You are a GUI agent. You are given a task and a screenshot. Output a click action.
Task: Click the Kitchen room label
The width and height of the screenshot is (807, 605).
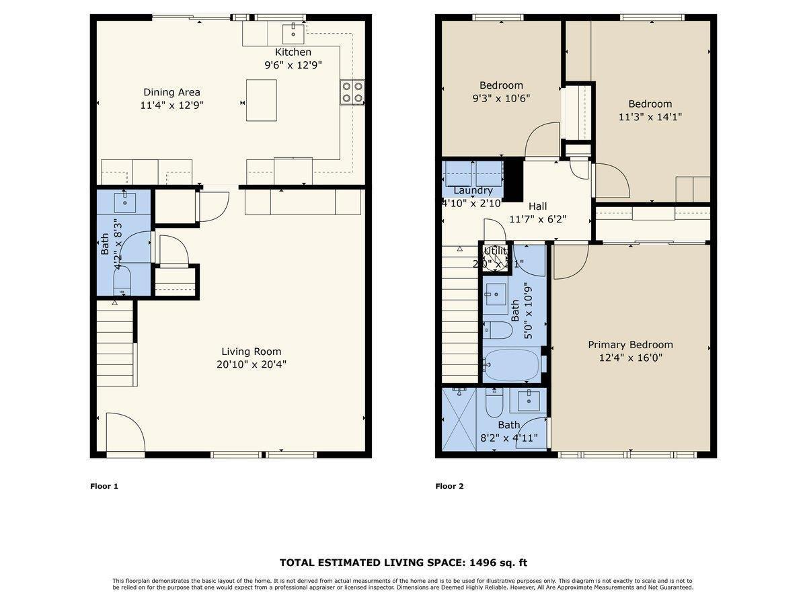tap(293, 52)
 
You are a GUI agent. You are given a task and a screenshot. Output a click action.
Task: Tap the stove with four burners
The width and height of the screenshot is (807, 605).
tap(352, 92)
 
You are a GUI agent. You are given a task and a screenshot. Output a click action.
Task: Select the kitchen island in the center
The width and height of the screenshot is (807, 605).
tap(261, 100)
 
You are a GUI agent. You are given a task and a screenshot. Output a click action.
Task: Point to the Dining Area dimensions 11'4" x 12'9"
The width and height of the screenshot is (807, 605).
tap(172, 105)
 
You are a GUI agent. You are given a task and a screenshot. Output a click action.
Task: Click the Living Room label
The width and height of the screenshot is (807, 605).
tap(252, 352)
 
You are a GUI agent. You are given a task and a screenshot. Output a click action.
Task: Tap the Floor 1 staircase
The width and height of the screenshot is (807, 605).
tap(115, 344)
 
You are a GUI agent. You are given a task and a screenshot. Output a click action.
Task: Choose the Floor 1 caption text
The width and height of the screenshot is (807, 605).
tap(104, 486)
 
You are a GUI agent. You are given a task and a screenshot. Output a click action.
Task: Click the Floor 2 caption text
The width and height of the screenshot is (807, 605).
tap(449, 486)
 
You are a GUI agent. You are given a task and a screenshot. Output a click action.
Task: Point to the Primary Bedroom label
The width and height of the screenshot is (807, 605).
tap(630, 345)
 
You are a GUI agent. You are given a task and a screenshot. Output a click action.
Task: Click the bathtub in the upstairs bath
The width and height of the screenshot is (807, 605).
tap(512, 364)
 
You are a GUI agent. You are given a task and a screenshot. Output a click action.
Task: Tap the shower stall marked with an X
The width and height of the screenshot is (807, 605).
tap(459, 419)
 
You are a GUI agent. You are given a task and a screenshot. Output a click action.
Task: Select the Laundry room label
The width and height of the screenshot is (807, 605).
tap(473, 191)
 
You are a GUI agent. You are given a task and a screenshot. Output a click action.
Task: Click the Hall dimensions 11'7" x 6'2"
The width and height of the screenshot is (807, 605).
tap(537, 219)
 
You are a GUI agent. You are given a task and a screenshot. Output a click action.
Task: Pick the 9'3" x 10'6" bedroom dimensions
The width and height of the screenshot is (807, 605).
tap(501, 98)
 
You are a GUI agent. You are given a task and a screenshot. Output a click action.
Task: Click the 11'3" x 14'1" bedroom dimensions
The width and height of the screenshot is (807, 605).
tap(650, 116)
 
